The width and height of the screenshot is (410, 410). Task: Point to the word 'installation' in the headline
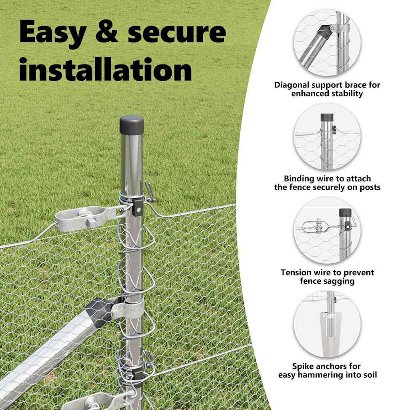pos(106,69)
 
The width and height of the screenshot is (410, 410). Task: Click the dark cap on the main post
pos(132,125)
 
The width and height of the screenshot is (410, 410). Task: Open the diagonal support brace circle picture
pos(327,42)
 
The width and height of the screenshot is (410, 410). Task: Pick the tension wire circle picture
pos(327,230)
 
